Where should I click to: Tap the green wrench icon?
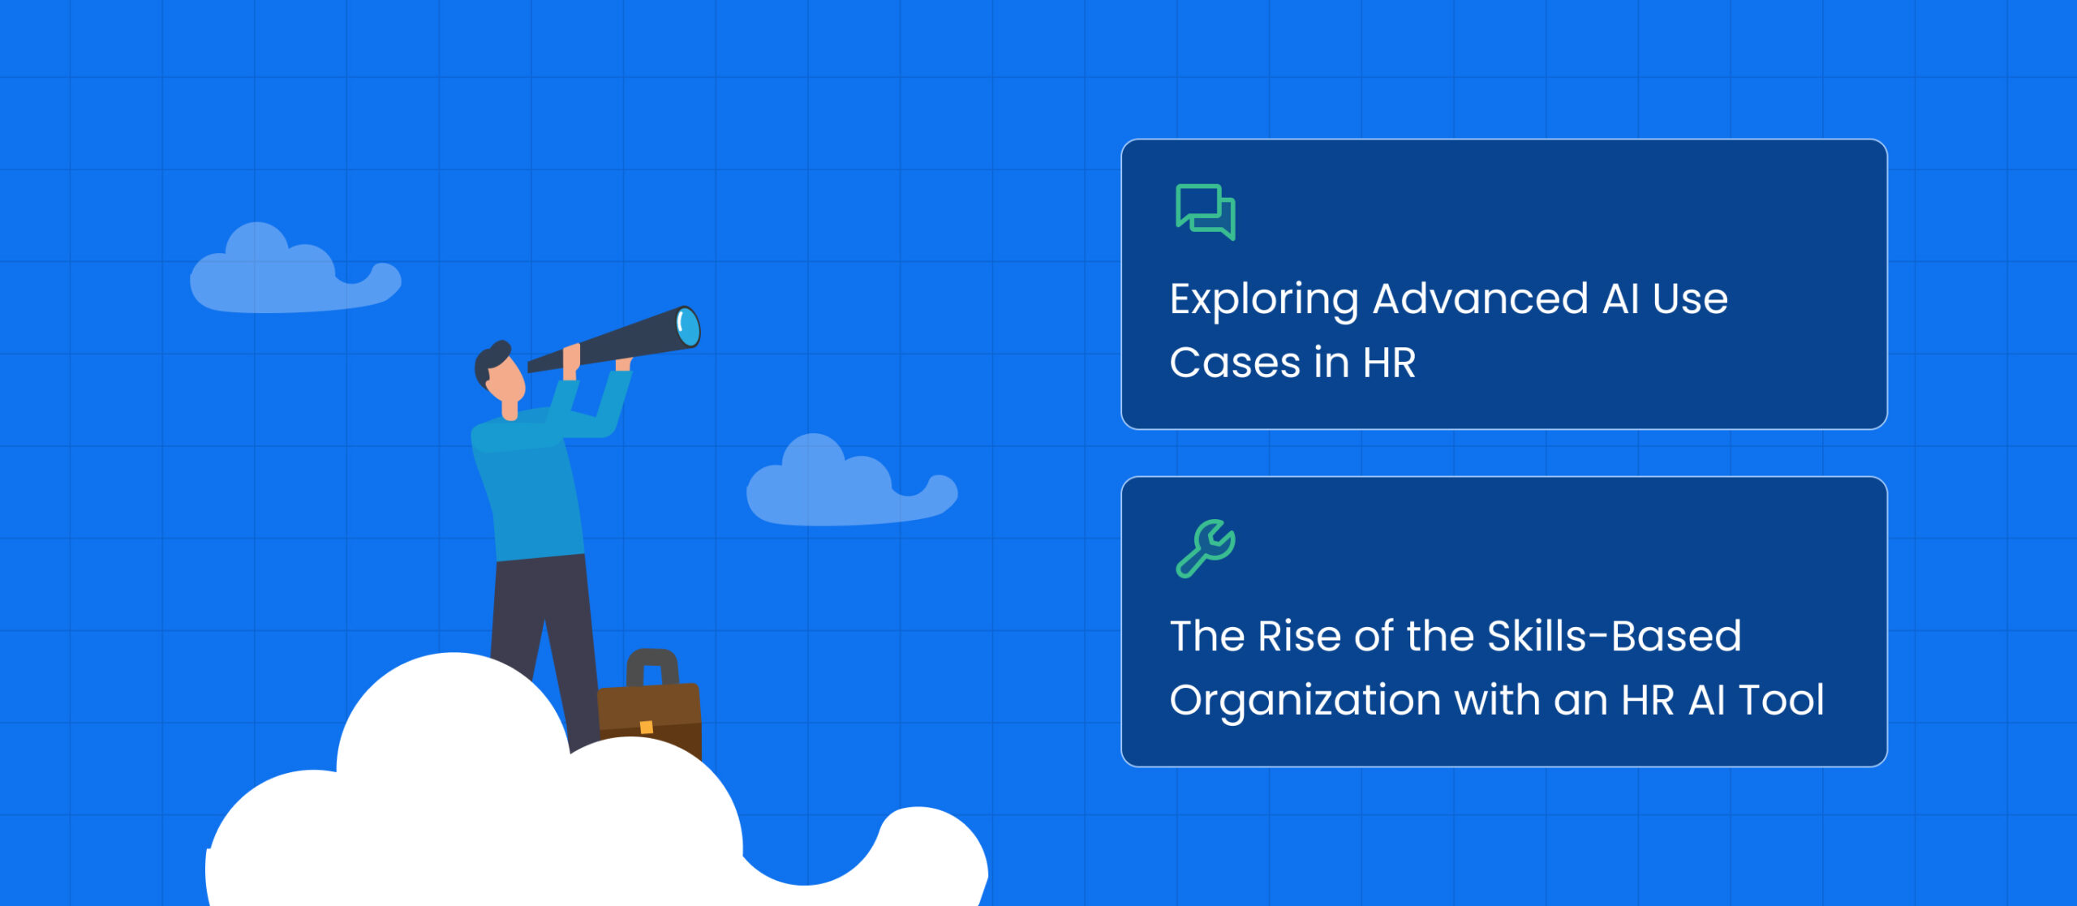coord(1206,548)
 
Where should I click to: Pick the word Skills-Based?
coord(1615,636)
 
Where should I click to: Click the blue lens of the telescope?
coord(688,326)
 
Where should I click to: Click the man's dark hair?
coord(488,361)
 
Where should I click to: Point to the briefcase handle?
coord(652,666)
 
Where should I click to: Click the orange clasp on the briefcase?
coord(647,727)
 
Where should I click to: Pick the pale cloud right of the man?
coord(850,483)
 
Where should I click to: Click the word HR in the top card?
coord(1389,363)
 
